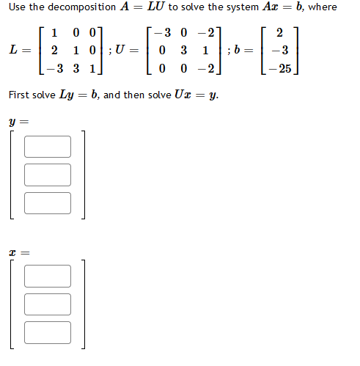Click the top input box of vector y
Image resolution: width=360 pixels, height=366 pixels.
tap(48, 147)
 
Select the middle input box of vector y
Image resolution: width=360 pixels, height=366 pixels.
tap(48, 175)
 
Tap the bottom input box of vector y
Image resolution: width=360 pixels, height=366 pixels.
tap(48, 202)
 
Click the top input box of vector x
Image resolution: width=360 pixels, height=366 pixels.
tap(48, 276)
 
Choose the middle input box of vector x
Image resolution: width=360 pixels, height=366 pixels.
tap(48, 304)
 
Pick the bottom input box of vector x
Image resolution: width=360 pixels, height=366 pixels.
tap(48, 332)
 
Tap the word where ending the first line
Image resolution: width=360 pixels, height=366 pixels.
tap(323, 7)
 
